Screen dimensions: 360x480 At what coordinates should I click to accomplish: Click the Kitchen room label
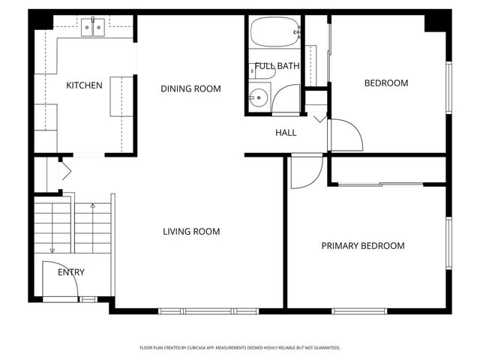click(x=84, y=85)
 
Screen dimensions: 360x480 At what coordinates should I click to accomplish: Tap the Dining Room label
click(x=191, y=88)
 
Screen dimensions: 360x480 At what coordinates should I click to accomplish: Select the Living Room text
click(x=191, y=232)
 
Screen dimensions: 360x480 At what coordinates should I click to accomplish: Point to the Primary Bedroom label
click(x=363, y=246)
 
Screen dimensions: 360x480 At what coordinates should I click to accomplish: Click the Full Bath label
click(x=277, y=66)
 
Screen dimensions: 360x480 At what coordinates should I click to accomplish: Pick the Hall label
click(x=286, y=133)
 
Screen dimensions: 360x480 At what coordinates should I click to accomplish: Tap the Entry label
click(x=71, y=272)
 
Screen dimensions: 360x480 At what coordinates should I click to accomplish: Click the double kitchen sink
click(x=94, y=28)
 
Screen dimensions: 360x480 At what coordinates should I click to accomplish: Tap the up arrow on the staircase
click(x=93, y=206)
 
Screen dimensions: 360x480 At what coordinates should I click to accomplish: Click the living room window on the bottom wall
click(x=208, y=310)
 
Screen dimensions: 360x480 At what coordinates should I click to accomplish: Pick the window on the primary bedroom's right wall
click(x=448, y=242)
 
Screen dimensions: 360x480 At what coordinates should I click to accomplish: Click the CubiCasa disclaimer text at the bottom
click(x=240, y=348)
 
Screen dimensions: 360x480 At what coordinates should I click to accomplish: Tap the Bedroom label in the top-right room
click(x=386, y=83)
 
